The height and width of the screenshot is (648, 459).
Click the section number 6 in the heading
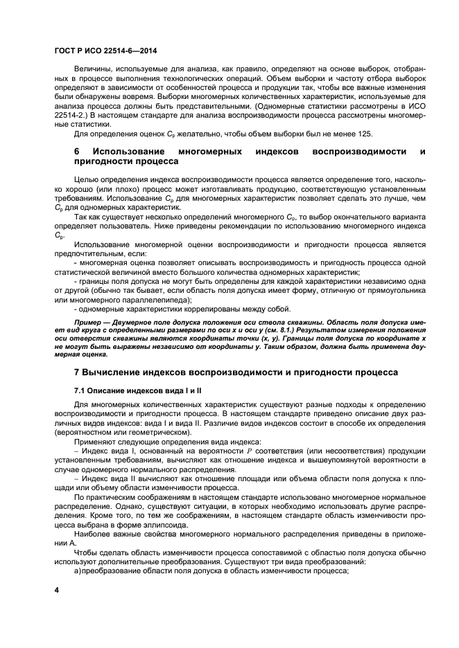77,150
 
